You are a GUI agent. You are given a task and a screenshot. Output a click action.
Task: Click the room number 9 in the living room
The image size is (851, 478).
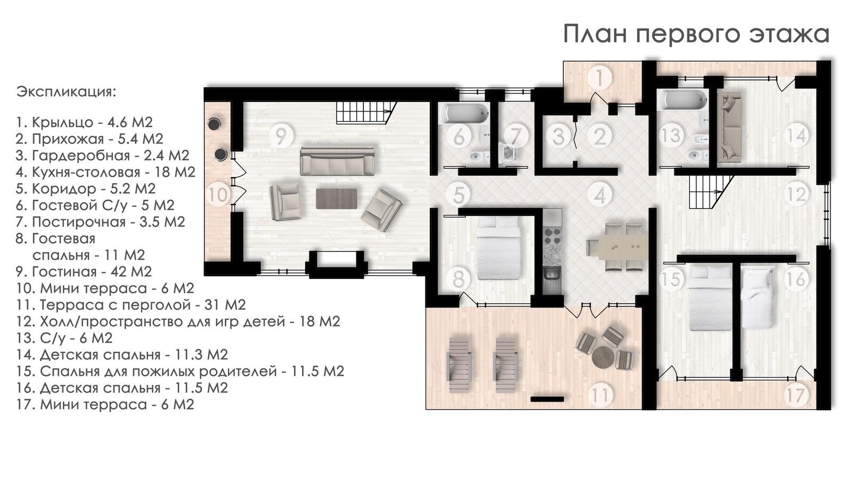[x=281, y=136]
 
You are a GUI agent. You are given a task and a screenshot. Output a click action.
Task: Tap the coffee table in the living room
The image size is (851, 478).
[x=337, y=199]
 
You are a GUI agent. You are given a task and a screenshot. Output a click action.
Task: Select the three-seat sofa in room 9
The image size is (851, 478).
[x=337, y=161]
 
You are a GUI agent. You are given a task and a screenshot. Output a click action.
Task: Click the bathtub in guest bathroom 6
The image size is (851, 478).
[x=463, y=114]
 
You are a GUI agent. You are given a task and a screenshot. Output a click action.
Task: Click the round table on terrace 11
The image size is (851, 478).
[x=604, y=356]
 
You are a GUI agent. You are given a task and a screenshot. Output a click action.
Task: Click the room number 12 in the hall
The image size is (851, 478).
[x=796, y=194]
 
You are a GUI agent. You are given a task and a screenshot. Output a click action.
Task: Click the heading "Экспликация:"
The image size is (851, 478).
[x=66, y=92]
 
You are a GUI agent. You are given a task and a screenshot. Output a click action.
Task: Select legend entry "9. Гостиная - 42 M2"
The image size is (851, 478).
[x=84, y=271]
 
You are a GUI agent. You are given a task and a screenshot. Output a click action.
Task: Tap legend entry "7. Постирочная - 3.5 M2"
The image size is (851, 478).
[x=101, y=222]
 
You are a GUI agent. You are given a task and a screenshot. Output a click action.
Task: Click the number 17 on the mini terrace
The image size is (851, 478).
[x=795, y=396]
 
